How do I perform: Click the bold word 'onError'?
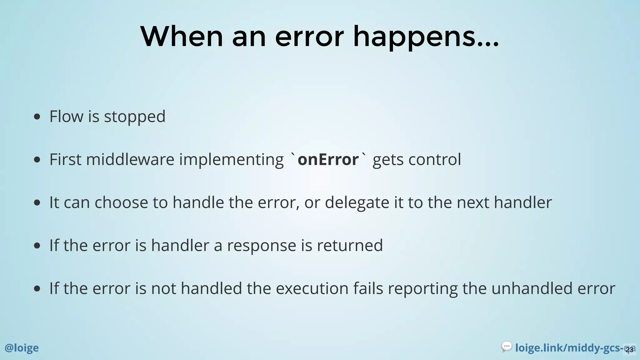tap(328, 160)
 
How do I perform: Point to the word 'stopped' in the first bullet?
tap(134, 117)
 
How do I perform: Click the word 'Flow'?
tap(66, 117)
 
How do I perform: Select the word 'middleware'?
tap(130, 160)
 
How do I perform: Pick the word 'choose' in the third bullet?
tap(121, 203)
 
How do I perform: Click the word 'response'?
tap(261, 246)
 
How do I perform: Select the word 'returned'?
tap(350, 246)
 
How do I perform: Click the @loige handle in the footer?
tap(22, 348)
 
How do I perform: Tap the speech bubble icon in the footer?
tap(506, 347)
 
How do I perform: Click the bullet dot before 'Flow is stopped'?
tap(37, 117)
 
